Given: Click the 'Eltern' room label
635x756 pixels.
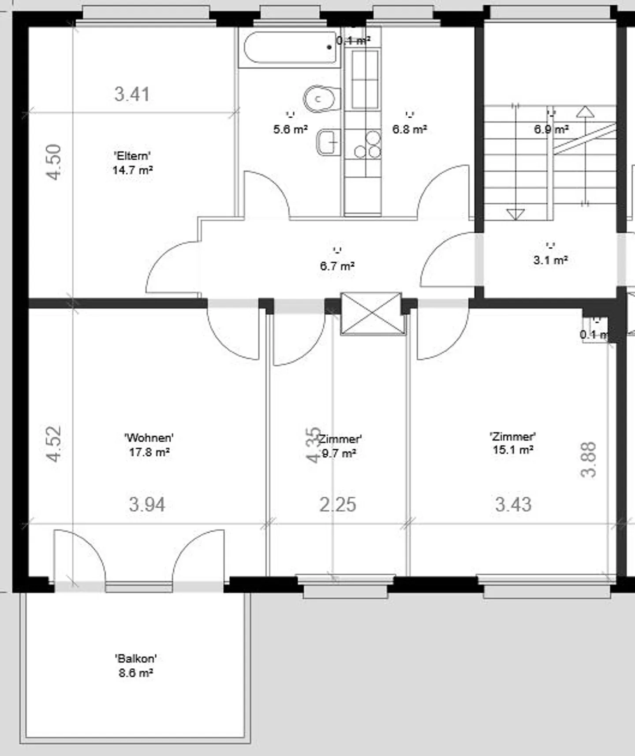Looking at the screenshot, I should pyautogui.click(x=132, y=156).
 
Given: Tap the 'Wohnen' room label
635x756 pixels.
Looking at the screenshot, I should pyautogui.click(x=149, y=438).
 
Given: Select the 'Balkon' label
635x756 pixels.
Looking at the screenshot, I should pyautogui.click(x=136, y=659).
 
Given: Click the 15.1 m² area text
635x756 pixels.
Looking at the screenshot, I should pyautogui.click(x=513, y=450).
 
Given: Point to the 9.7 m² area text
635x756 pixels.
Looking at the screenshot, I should pyautogui.click(x=339, y=453).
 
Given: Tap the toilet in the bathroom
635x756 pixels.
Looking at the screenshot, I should pyautogui.click(x=321, y=99).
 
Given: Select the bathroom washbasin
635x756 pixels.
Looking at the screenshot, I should pyautogui.click(x=328, y=142).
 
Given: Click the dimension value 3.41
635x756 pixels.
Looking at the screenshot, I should pyautogui.click(x=132, y=94).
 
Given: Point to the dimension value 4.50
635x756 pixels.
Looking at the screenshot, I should pyautogui.click(x=54, y=162).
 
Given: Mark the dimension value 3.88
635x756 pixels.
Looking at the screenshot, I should pyautogui.click(x=589, y=459).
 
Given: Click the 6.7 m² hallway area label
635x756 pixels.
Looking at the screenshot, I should pyautogui.click(x=337, y=266).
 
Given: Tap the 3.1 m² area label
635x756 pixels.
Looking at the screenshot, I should pyautogui.click(x=550, y=260).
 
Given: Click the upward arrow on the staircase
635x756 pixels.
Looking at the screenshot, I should pyautogui.click(x=585, y=112).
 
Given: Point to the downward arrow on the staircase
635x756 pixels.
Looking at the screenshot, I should pyautogui.click(x=515, y=214).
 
